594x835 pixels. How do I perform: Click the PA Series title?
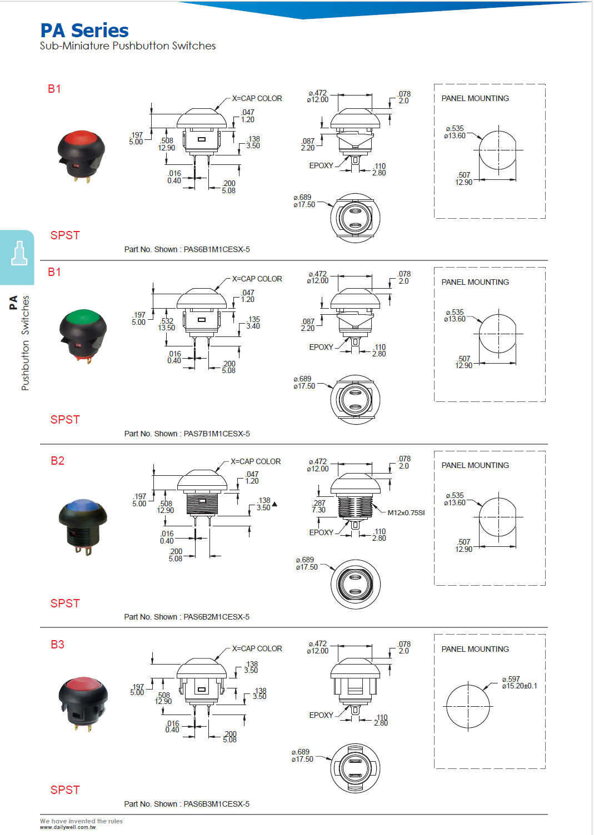[x=84, y=31]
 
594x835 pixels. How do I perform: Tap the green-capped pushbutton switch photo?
[x=83, y=335]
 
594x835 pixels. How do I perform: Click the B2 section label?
[x=57, y=461]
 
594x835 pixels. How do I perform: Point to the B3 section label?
[x=57, y=645]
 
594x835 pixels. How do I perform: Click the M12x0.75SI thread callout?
[x=406, y=513]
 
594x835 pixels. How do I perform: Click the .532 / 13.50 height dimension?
[x=167, y=324]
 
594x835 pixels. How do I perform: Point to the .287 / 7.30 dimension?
[x=319, y=506]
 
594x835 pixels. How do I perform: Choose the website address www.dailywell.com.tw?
[x=68, y=827]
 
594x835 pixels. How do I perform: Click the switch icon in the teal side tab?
[x=19, y=254]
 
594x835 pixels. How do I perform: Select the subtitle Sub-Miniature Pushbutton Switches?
[x=128, y=46]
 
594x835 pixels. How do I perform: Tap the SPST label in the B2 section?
[x=65, y=603]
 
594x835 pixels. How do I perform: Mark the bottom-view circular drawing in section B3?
[x=355, y=768]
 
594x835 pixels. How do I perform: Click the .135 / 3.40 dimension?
[x=253, y=323]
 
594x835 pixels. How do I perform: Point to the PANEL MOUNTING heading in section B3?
[x=475, y=649]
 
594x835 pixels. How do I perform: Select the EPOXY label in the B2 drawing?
[x=321, y=532]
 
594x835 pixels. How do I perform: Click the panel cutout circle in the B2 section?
[x=498, y=517]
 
